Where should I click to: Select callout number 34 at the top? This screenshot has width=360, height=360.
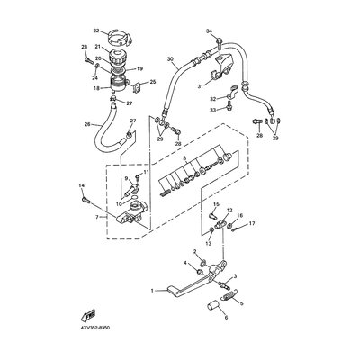tap(208, 31)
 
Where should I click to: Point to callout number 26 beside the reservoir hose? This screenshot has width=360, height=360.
tap(85, 124)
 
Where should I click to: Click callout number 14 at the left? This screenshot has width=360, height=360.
tap(82, 185)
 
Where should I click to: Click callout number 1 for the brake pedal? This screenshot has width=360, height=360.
tap(153, 292)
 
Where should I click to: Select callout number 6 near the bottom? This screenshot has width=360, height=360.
tap(226, 318)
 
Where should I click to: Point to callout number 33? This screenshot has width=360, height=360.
tap(212, 109)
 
